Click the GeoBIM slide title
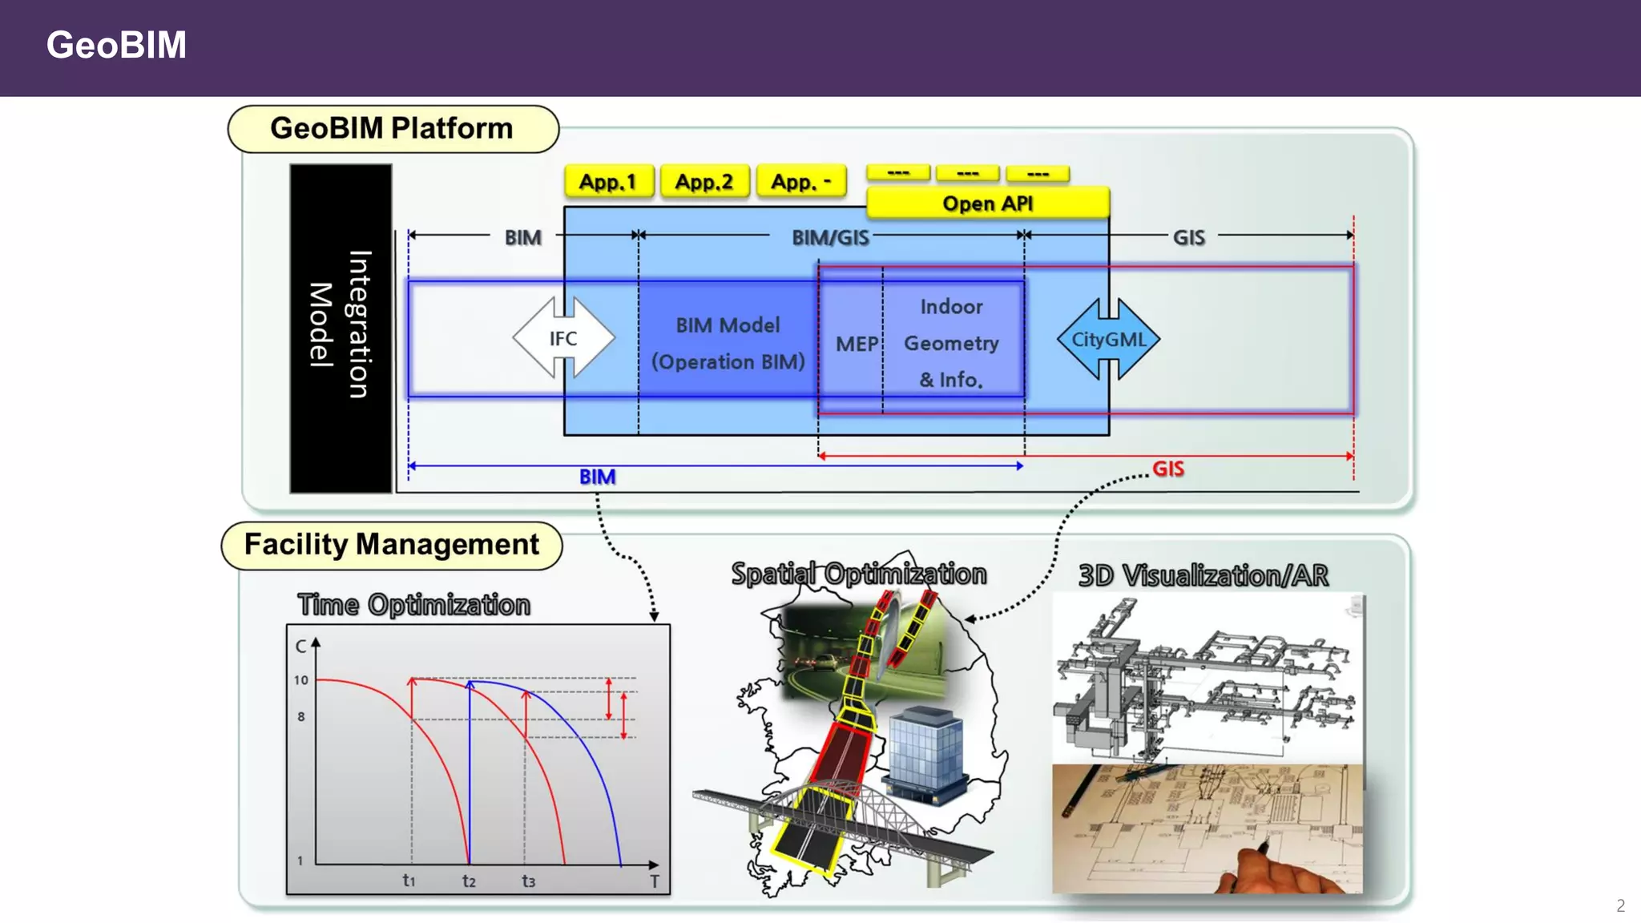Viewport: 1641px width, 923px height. pyautogui.click(x=116, y=45)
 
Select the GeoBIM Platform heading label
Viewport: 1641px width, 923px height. pyautogui.click(x=392, y=128)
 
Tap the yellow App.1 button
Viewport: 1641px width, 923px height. pyautogui.click(x=608, y=182)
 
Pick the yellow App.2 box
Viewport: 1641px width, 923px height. pyautogui.click(x=704, y=182)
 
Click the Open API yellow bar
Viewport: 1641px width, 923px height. pyautogui.click(x=987, y=204)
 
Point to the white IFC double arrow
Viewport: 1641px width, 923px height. pyautogui.click(x=563, y=338)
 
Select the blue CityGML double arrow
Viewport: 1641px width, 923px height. pyautogui.click(x=1108, y=339)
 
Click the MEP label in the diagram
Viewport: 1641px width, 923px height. pyautogui.click(x=856, y=344)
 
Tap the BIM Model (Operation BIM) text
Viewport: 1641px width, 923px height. pyautogui.click(x=728, y=343)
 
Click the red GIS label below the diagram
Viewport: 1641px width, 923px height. pyautogui.click(x=1167, y=469)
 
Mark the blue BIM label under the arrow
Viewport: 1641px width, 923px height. pyautogui.click(x=597, y=478)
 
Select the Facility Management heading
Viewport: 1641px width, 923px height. pyautogui.click(x=392, y=545)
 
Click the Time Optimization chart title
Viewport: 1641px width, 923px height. pyautogui.click(x=413, y=605)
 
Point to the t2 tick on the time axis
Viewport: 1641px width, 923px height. pyautogui.click(x=469, y=881)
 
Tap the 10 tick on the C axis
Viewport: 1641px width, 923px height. pyautogui.click(x=300, y=680)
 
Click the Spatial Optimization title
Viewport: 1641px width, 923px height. pyautogui.click(x=858, y=574)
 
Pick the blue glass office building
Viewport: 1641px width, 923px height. pyautogui.click(x=925, y=753)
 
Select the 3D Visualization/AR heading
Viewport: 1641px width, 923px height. pyautogui.click(x=1203, y=575)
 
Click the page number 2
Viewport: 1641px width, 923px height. pyautogui.click(x=1620, y=906)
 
